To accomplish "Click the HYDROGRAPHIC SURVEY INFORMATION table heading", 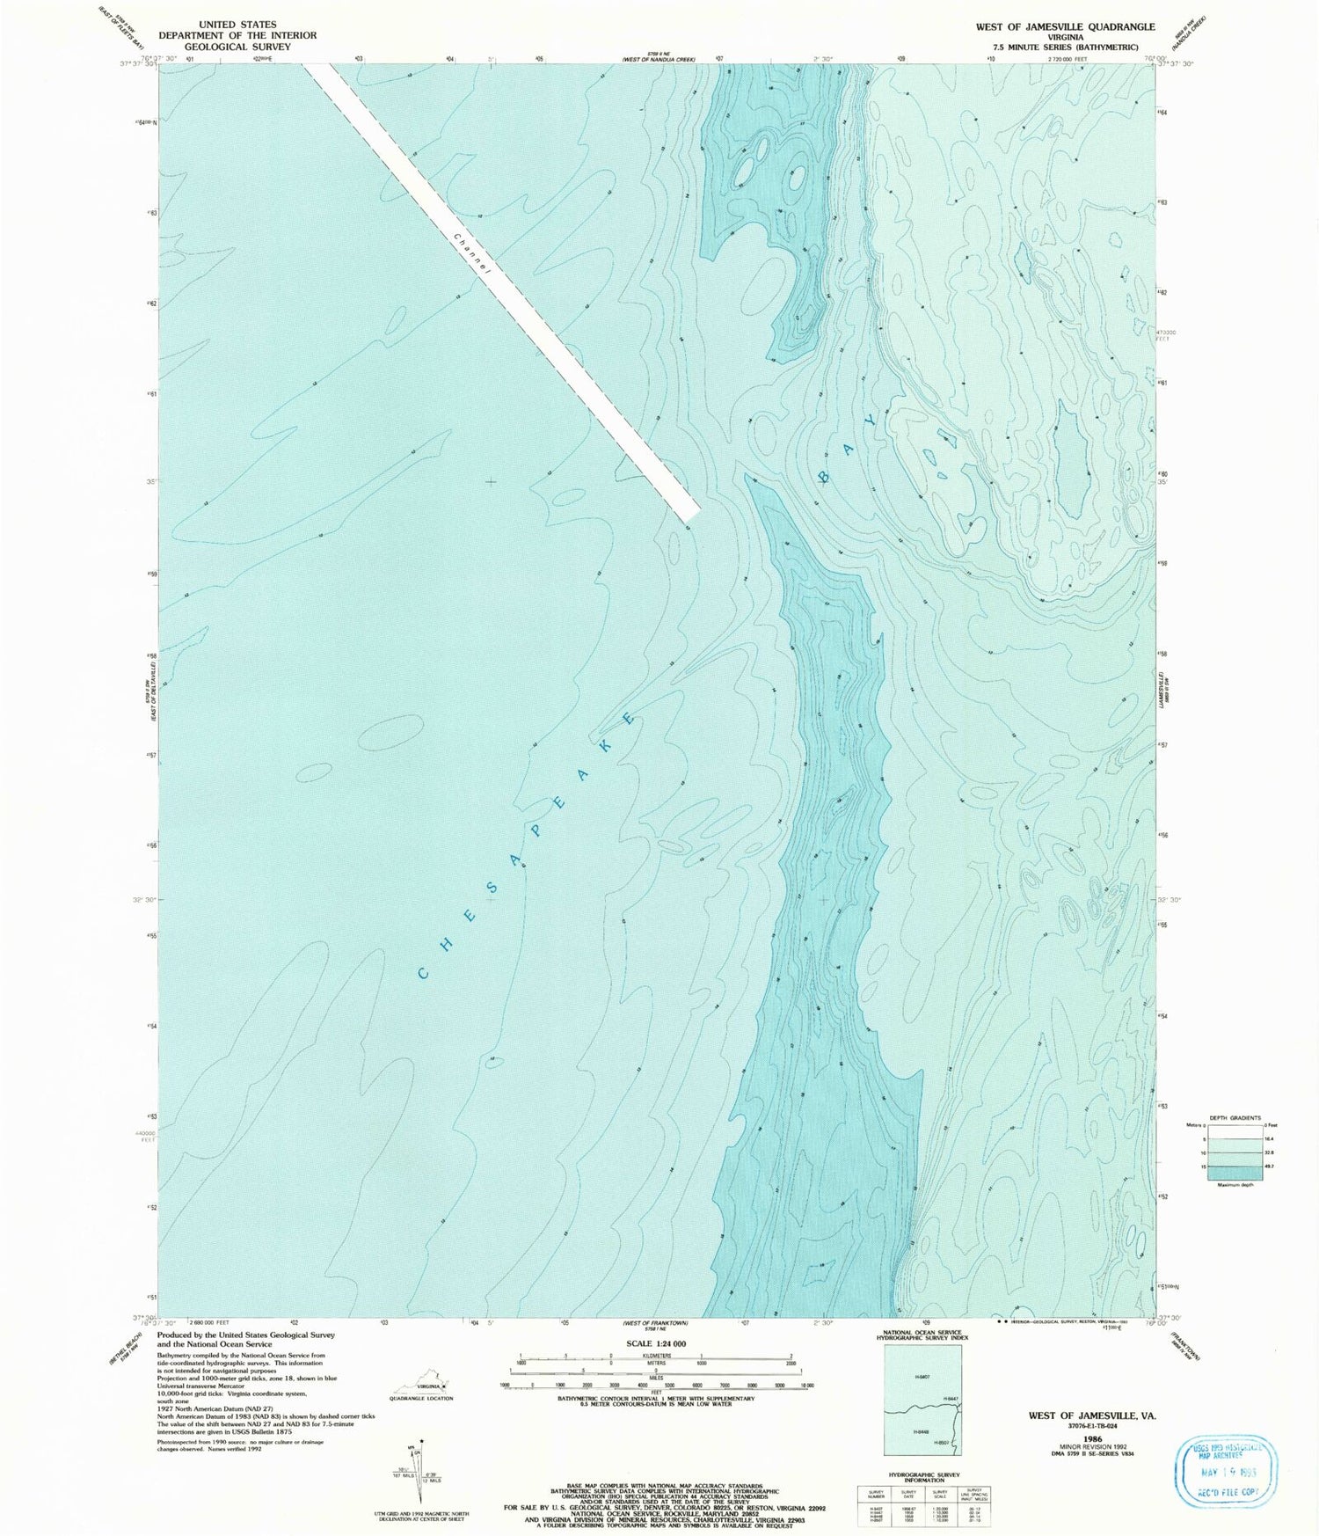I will (x=922, y=1478).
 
